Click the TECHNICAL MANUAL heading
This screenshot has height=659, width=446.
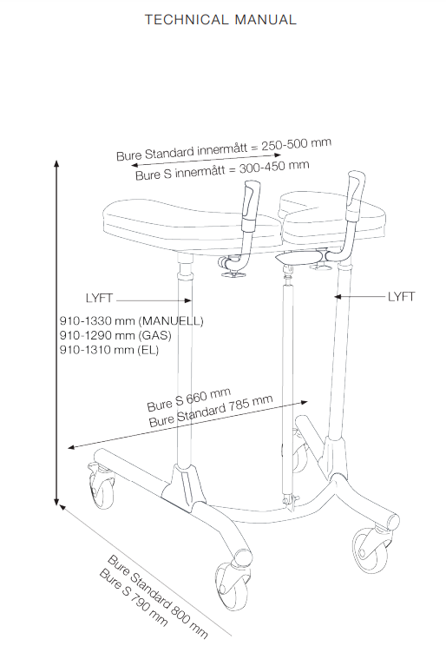(220, 20)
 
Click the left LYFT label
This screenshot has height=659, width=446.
(99, 298)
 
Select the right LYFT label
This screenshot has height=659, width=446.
(401, 297)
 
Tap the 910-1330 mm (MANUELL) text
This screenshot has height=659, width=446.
(131, 321)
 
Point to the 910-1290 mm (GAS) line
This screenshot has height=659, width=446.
(115, 335)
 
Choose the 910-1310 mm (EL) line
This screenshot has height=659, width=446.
(109, 350)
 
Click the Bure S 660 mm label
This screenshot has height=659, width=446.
(188, 399)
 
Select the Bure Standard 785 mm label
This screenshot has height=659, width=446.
(211, 411)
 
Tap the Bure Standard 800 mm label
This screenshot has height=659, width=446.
(158, 596)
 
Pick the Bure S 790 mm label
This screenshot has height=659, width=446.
(134, 596)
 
